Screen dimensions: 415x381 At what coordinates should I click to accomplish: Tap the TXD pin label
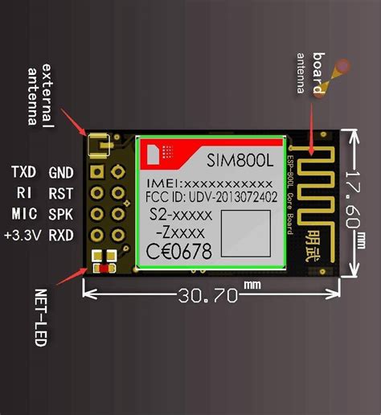[x=23, y=172]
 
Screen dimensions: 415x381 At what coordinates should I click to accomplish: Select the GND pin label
[x=61, y=172]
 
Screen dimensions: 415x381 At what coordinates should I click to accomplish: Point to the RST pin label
[x=61, y=193]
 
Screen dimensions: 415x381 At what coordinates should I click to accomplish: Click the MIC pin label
[x=23, y=214]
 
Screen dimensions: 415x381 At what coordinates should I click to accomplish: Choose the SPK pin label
[x=61, y=214]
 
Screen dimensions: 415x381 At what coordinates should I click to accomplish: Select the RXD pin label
[x=61, y=235]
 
